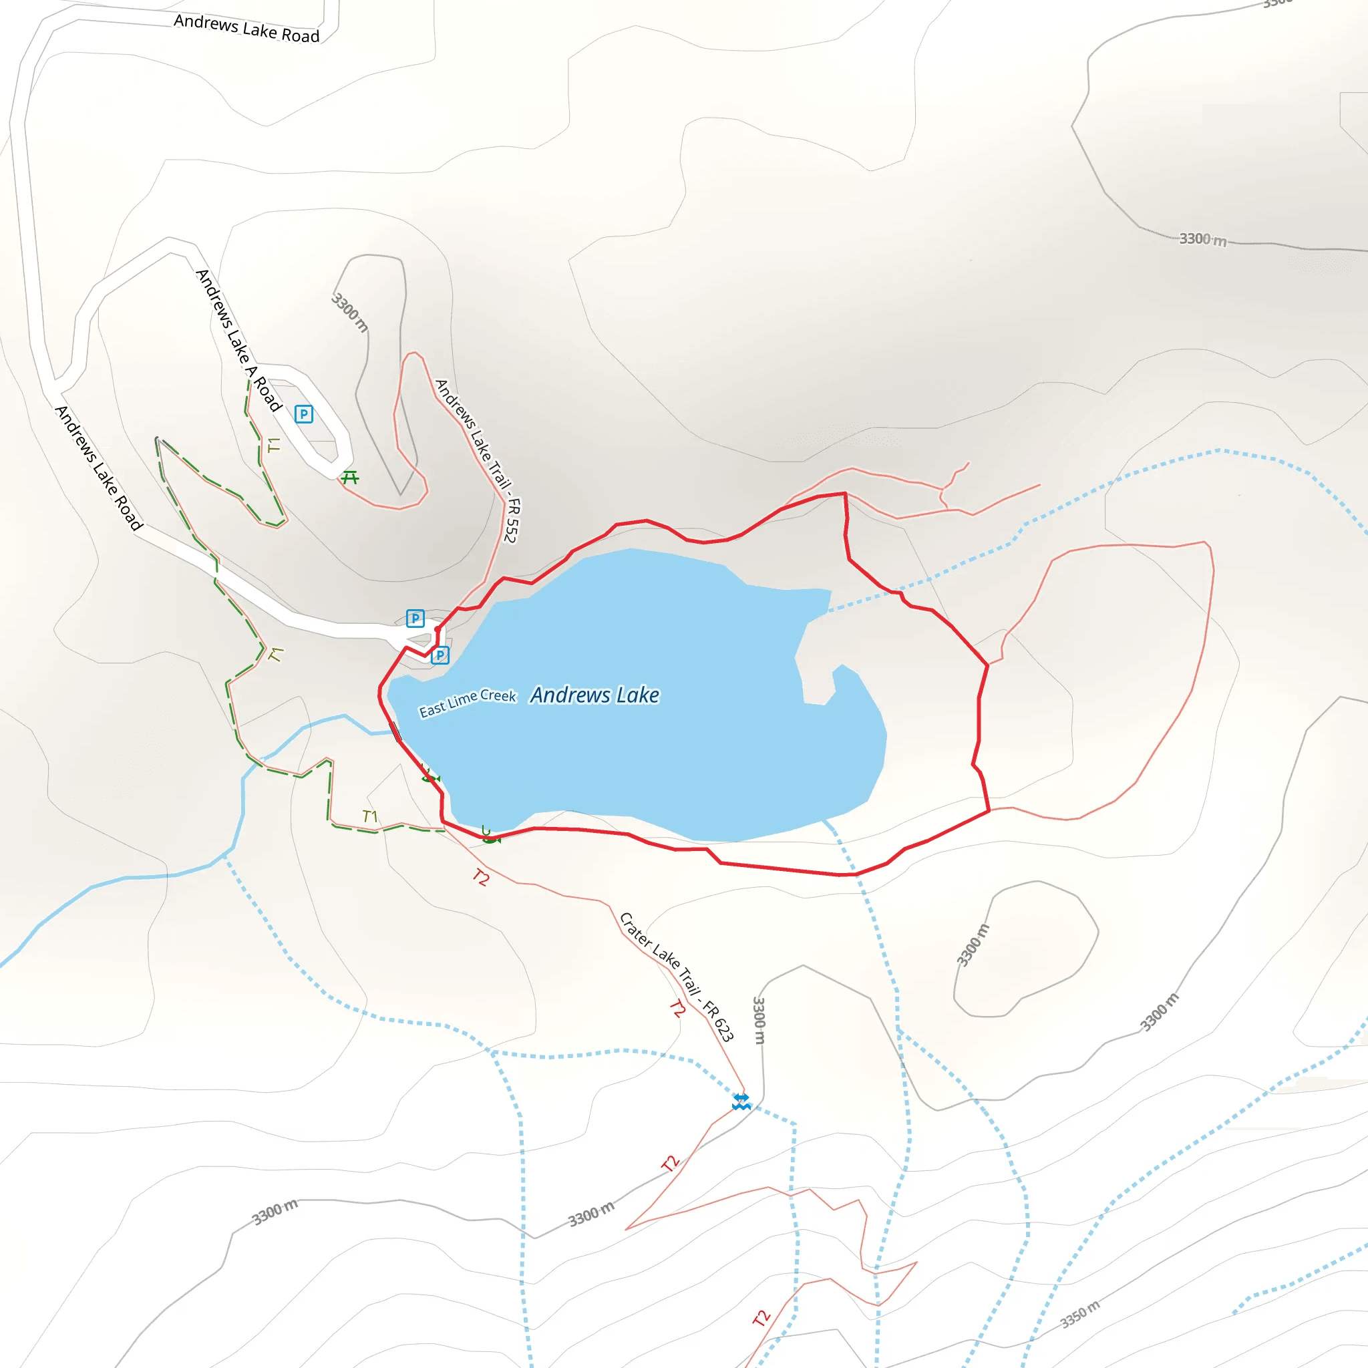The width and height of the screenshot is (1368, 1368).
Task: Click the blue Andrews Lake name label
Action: (594, 695)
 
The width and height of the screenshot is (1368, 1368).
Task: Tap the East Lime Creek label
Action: (468, 703)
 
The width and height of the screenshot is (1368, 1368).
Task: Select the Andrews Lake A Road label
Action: (238, 340)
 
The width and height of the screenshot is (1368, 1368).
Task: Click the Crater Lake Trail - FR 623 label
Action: (676, 977)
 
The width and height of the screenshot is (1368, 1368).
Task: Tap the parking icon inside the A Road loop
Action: (304, 414)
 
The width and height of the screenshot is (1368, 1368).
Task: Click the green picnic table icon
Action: (350, 478)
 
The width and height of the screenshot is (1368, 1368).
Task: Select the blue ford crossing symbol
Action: (741, 1101)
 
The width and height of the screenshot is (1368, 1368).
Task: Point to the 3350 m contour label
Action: (1080, 1314)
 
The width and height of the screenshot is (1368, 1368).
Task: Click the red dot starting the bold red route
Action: (438, 629)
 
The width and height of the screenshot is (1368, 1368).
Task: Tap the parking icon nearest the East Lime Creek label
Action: (440, 655)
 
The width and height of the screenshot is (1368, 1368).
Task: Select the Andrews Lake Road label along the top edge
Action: (246, 29)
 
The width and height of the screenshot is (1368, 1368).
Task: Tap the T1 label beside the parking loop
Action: (274, 446)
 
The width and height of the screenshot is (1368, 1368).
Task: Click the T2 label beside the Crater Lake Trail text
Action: (677, 1007)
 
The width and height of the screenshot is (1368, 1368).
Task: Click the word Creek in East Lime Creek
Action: (498, 696)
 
